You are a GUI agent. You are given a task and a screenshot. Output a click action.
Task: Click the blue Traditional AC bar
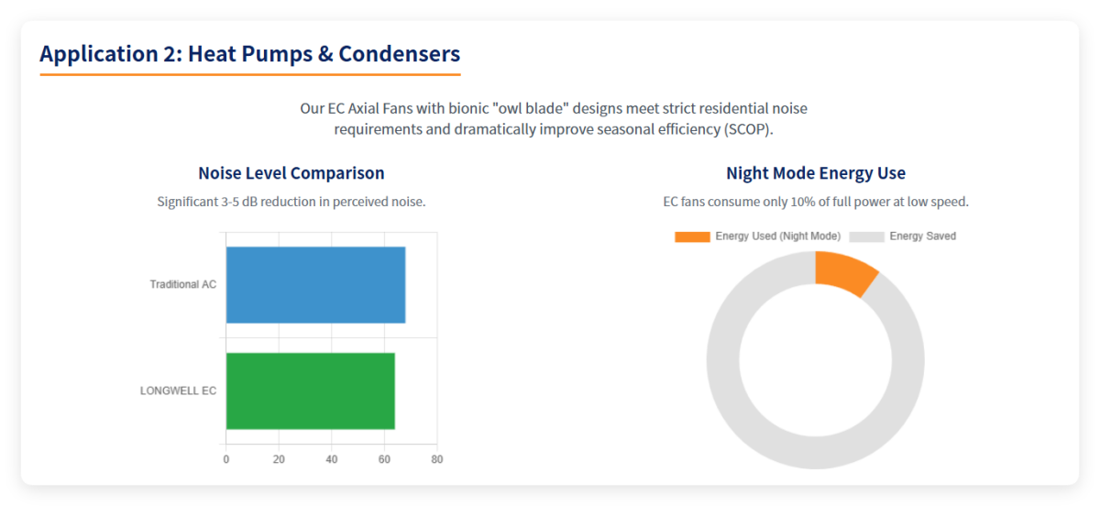315,285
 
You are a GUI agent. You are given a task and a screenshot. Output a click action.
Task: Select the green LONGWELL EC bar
310,390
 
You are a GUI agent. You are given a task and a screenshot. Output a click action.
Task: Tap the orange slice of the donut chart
845,273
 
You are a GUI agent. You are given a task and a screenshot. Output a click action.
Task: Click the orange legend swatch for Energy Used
692,236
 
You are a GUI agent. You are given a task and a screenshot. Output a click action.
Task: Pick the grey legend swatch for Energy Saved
866,236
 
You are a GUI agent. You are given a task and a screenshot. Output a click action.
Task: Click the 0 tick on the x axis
226,459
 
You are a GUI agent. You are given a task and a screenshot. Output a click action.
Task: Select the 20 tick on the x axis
279,459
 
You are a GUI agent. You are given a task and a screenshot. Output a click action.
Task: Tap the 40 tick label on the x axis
332,459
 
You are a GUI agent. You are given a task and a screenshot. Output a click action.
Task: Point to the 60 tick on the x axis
384,459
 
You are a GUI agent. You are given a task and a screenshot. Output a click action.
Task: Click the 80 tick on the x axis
437,459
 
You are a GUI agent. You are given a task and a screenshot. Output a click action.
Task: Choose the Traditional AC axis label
183,285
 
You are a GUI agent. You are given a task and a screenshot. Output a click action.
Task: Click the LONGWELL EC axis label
178,390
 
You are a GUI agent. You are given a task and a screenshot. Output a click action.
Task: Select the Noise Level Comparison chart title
291,173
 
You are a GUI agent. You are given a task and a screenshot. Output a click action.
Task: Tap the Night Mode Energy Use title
816,173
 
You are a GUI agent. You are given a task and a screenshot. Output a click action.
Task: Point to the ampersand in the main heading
324,54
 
